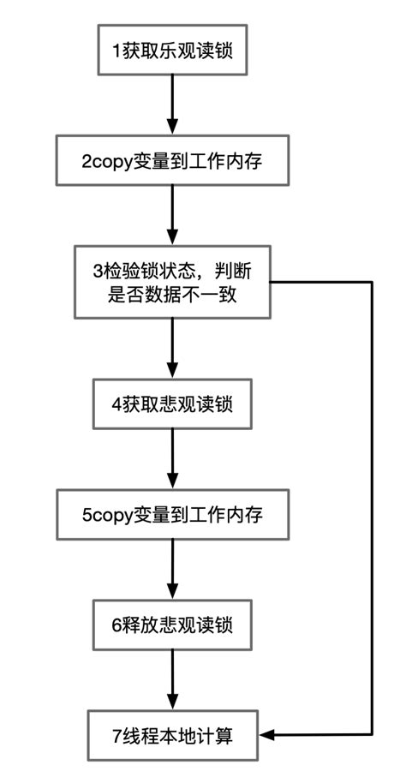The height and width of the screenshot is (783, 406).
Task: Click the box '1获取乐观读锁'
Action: click(172, 50)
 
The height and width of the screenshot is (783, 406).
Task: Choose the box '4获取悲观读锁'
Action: click(172, 403)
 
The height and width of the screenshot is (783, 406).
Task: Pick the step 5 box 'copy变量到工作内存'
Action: click(172, 515)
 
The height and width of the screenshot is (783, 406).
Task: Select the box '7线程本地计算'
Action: click(172, 735)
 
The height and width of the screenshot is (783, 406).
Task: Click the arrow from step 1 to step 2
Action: click(172, 105)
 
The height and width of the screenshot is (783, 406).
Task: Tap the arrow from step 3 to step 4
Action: click(172, 347)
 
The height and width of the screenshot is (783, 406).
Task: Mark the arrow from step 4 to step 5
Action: click(172, 458)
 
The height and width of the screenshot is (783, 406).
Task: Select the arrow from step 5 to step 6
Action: click(172, 569)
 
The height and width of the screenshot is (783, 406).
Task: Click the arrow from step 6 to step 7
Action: click(172, 678)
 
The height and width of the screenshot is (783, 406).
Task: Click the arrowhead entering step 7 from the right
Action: click(267, 735)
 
